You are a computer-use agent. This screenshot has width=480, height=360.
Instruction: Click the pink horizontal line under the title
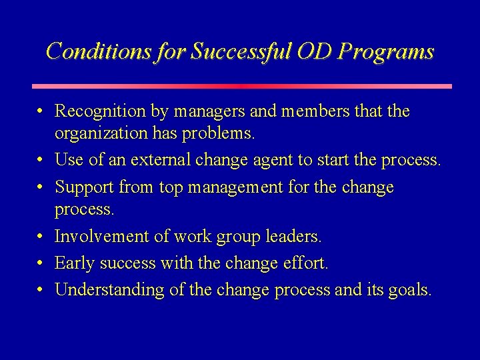tap(241, 86)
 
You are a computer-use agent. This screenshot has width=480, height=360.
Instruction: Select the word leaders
tap(292, 236)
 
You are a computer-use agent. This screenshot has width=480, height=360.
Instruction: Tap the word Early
tap(72, 263)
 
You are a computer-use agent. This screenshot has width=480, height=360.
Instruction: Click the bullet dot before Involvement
tap(41, 237)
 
